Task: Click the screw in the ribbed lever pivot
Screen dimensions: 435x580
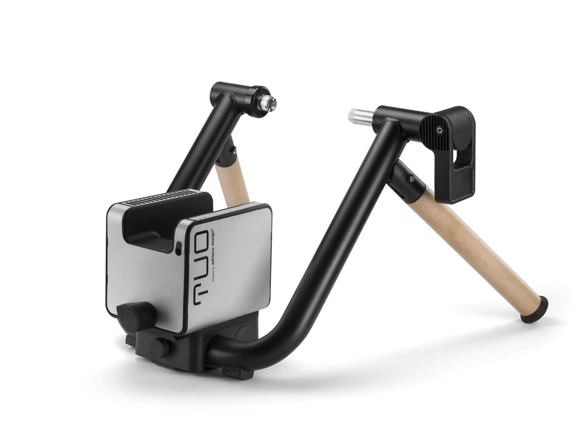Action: [440, 130]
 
